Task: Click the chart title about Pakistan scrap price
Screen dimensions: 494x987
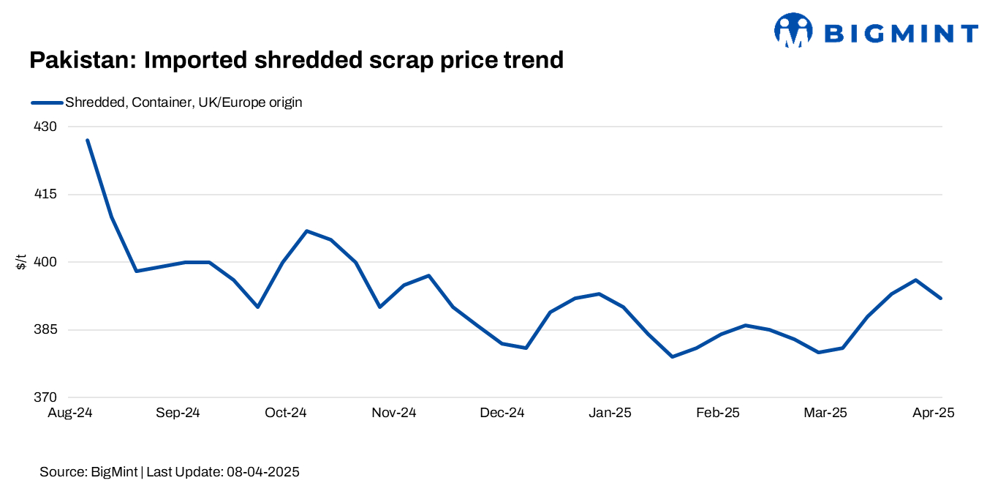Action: click(296, 60)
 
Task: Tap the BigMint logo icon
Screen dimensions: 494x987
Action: click(793, 31)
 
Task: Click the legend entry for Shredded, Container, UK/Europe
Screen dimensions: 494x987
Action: click(183, 102)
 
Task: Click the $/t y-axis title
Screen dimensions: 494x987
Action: click(21, 262)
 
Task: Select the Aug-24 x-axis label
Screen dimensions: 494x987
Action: click(69, 413)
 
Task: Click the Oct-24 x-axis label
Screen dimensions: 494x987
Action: click(286, 413)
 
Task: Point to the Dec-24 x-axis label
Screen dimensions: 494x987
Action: click(502, 413)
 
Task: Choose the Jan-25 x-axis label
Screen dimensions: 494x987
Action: click(610, 413)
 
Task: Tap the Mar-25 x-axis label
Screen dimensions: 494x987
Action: click(825, 413)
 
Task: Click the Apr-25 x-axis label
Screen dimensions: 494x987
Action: click(933, 413)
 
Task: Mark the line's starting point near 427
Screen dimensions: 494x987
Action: click(88, 140)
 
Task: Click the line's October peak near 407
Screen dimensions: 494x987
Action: click(307, 231)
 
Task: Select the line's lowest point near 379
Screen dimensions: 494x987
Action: click(672, 356)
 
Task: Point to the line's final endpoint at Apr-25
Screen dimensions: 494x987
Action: click(941, 298)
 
